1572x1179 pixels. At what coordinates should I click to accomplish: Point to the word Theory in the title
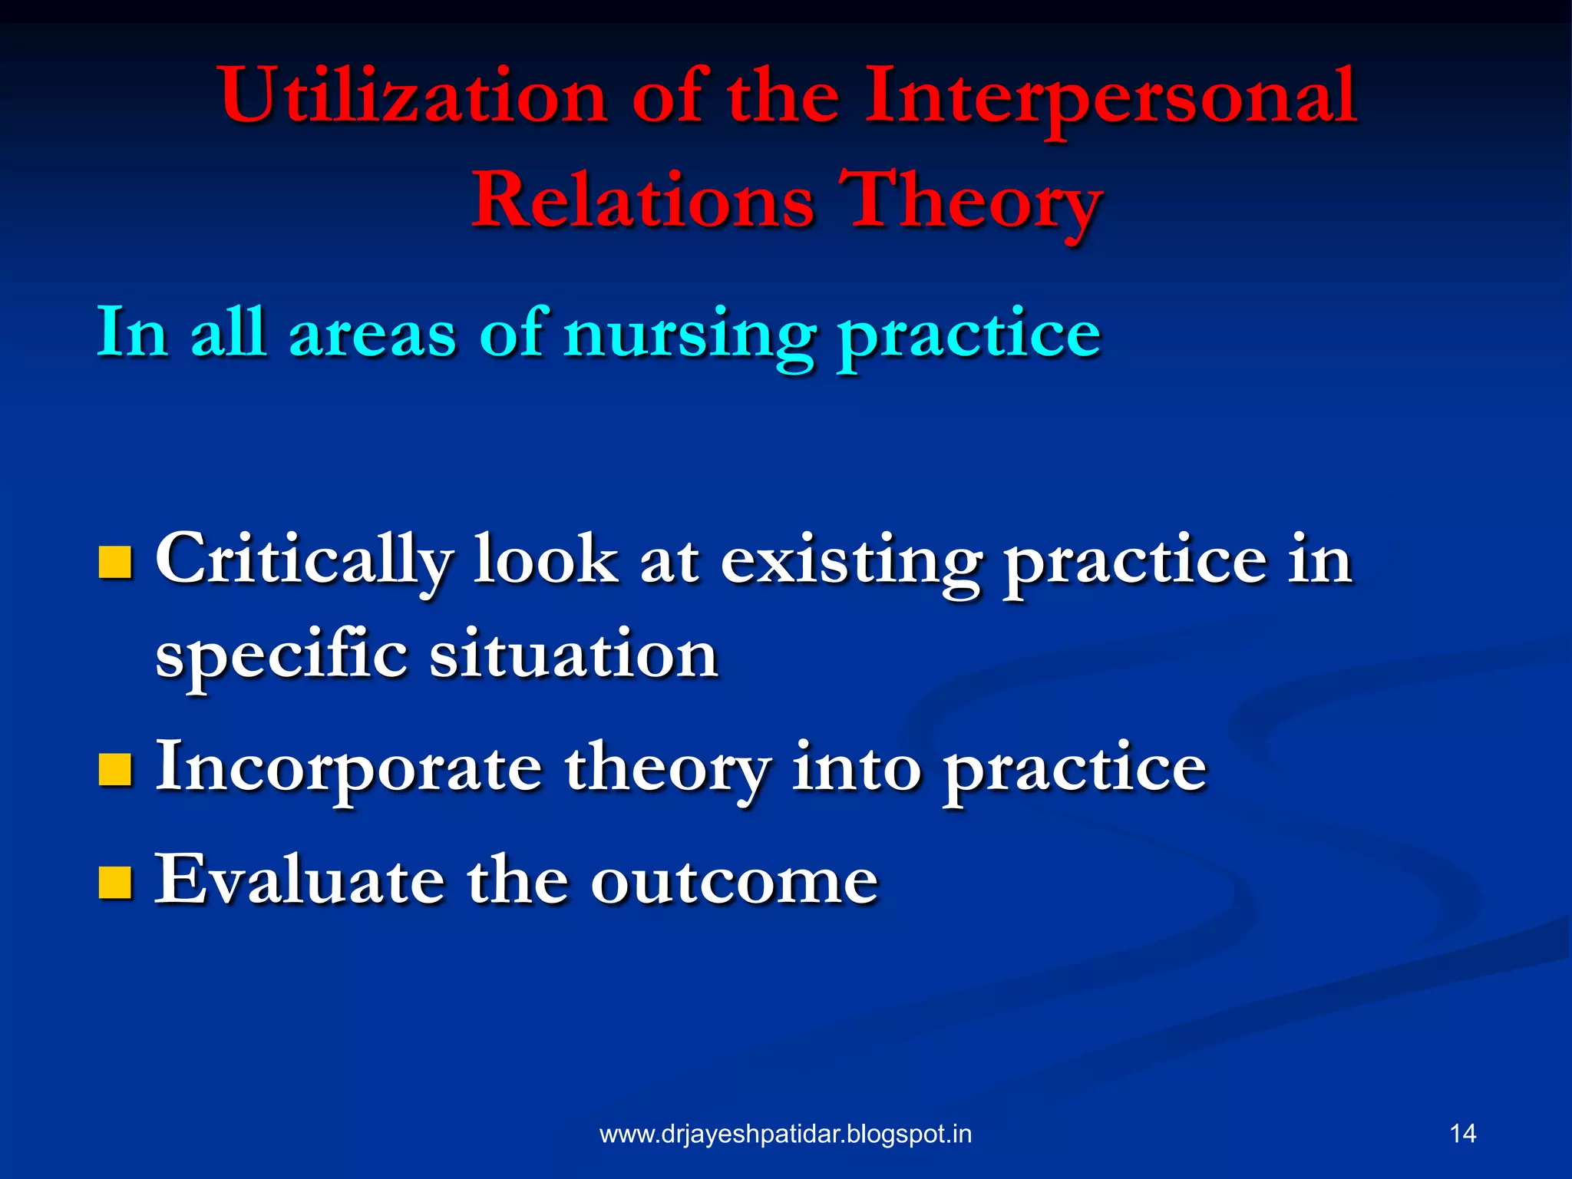click(x=970, y=201)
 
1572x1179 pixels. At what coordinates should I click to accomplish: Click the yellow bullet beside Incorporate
click(x=115, y=770)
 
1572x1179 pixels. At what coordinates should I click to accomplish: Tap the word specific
click(x=281, y=657)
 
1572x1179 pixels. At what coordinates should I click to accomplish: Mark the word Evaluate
click(x=299, y=880)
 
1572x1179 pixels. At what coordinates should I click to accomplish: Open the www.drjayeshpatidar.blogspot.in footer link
click(x=785, y=1134)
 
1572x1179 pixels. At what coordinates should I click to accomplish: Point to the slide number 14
click(x=1462, y=1134)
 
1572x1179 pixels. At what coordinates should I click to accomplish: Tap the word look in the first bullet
click(x=545, y=560)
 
